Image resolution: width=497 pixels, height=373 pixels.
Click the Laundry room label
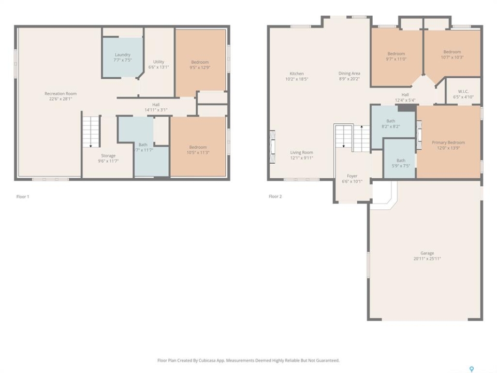click(x=122, y=55)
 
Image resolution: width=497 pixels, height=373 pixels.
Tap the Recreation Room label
click(x=61, y=94)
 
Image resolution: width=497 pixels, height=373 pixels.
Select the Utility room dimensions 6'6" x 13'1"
click(x=158, y=67)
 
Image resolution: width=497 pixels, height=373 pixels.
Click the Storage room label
click(x=108, y=156)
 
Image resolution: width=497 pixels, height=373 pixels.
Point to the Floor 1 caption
click(x=23, y=197)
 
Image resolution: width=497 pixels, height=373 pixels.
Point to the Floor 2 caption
click(x=275, y=196)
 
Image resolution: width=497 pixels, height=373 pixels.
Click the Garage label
click(x=427, y=253)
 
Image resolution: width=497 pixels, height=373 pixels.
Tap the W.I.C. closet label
click(x=463, y=92)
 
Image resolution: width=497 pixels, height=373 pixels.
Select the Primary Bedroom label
click(x=448, y=142)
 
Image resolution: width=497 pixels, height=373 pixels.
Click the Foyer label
click(x=352, y=176)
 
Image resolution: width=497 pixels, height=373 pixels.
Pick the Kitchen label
click(x=297, y=74)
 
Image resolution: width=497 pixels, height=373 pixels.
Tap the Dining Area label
click(x=349, y=74)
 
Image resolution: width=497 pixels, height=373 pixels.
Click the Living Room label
click(x=301, y=152)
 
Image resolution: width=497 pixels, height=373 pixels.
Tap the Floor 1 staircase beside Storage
click(x=91, y=132)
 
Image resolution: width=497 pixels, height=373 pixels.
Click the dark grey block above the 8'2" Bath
click(x=407, y=108)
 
